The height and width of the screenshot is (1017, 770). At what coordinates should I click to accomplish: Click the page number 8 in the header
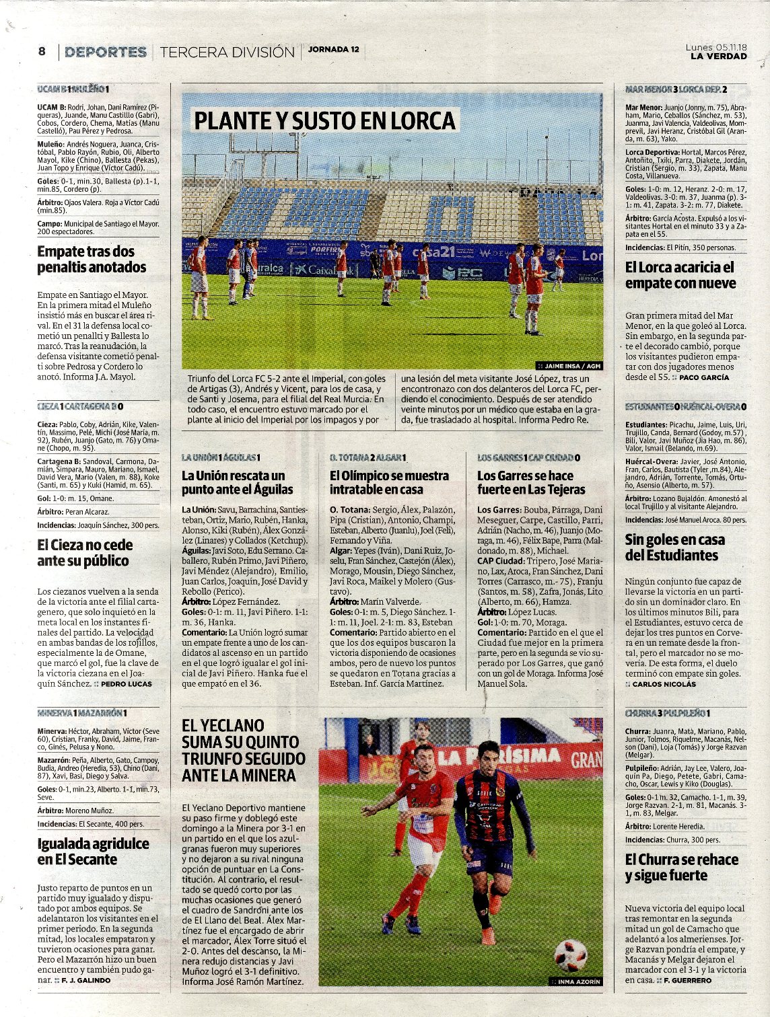(x=42, y=51)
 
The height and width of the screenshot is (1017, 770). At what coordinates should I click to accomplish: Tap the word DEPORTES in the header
(x=106, y=52)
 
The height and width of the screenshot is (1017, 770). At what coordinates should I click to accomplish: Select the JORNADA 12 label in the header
(x=334, y=49)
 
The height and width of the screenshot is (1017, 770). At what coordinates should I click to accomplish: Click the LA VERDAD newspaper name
(x=718, y=57)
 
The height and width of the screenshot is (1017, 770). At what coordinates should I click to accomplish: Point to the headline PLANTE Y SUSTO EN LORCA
(x=325, y=121)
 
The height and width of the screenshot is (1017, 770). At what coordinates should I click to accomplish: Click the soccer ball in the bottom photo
(x=570, y=954)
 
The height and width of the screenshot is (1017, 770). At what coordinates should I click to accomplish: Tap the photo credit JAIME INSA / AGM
(x=573, y=366)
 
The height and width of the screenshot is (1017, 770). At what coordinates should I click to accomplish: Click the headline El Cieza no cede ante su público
(x=85, y=553)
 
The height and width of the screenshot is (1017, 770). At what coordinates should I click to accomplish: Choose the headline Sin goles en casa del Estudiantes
(x=674, y=548)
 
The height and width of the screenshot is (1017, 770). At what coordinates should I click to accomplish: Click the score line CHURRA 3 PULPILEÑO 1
(x=668, y=713)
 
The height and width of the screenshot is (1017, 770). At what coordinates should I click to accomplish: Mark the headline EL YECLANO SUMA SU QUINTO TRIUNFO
(x=243, y=751)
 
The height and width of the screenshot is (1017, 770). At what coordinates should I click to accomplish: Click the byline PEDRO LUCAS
(x=126, y=684)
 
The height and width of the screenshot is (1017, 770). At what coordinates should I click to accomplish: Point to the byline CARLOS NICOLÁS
(x=664, y=684)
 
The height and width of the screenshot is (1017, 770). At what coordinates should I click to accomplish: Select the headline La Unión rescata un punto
(x=238, y=482)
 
